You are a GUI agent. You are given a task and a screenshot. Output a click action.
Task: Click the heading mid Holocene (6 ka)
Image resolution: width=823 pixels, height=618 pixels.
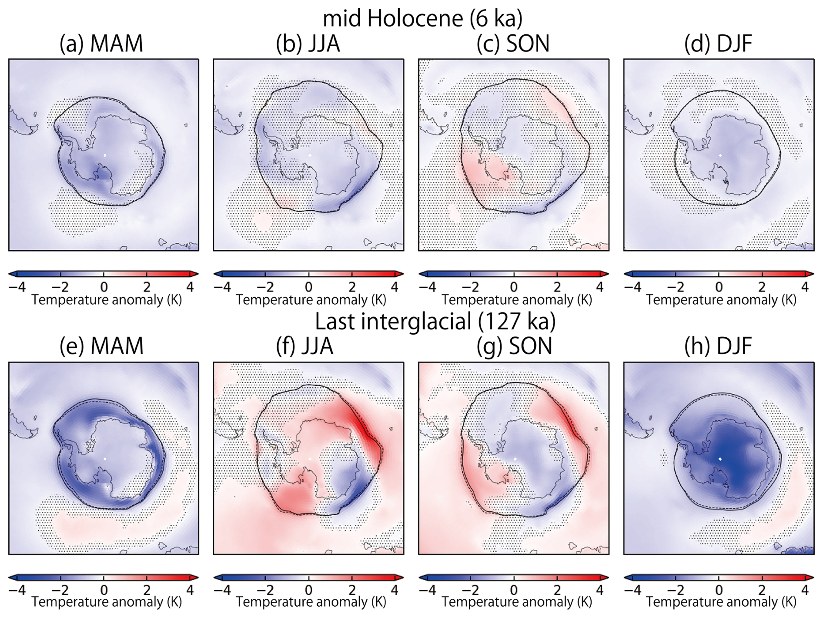click(x=422, y=18)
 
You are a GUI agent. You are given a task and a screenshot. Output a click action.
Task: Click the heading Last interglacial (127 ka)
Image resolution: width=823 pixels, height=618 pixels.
click(x=435, y=322)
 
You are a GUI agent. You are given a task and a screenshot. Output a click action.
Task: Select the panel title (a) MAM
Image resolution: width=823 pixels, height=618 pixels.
click(x=101, y=44)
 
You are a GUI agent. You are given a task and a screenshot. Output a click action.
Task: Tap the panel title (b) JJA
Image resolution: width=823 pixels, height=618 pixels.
click(x=308, y=44)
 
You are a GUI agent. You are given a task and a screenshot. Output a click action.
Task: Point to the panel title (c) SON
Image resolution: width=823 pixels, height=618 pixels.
click(x=513, y=44)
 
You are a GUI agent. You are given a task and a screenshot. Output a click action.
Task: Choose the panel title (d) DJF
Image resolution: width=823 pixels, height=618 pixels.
click(x=718, y=44)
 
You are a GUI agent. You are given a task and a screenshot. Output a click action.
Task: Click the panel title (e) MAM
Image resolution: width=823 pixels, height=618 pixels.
click(x=101, y=346)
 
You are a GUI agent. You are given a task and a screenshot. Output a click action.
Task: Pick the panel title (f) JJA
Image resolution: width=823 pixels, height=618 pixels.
click(x=304, y=346)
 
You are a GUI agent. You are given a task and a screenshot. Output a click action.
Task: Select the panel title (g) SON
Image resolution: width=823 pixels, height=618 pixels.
click(x=514, y=346)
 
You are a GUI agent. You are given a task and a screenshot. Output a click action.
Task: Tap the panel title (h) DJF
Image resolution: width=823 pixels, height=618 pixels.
click(x=718, y=346)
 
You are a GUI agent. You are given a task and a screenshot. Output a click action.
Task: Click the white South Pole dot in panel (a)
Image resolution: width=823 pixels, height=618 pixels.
click(x=105, y=155)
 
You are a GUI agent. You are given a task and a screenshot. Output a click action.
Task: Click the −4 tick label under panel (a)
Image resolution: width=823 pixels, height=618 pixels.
click(x=17, y=287)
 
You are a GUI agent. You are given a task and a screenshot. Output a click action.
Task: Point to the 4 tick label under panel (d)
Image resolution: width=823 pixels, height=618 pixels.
click(x=805, y=287)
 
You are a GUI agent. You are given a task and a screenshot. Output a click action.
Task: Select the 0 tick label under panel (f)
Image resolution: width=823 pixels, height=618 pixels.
click(x=308, y=590)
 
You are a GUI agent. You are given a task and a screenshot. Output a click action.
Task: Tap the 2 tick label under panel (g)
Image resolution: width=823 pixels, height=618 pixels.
click(x=557, y=590)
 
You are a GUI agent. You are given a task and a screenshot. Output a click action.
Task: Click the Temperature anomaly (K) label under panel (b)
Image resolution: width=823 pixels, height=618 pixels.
click(x=311, y=300)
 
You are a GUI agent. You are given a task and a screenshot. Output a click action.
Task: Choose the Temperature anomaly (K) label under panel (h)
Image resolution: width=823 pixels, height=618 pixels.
click(x=721, y=602)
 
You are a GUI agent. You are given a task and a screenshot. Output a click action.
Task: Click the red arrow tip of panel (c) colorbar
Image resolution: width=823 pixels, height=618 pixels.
click(x=605, y=274)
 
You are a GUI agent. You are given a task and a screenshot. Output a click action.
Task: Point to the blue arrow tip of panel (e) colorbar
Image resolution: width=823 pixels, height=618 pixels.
click(x=12, y=578)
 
